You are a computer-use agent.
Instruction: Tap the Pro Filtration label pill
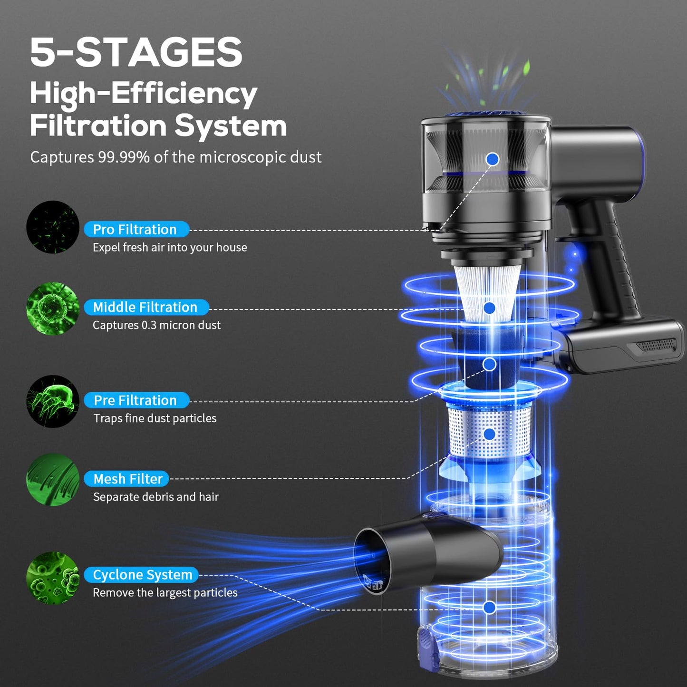click(x=136, y=230)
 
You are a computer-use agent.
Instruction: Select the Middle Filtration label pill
click(x=146, y=307)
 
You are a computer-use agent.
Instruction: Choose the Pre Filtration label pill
click(x=136, y=400)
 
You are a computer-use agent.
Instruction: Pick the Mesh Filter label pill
click(x=127, y=479)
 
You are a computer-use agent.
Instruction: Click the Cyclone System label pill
click(x=141, y=575)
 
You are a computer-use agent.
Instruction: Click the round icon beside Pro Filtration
click(x=53, y=227)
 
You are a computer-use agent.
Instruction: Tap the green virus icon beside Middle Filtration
click(x=53, y=309)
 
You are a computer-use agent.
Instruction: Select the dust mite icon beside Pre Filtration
click(x=53, y=401)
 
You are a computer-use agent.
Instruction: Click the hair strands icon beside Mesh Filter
click(x=53, y=480)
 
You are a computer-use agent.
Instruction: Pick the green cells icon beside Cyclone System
click(x=53, y=578)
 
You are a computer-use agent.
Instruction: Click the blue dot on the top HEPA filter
click(x=493, y=159)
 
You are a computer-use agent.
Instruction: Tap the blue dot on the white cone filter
click(x=489, y=308)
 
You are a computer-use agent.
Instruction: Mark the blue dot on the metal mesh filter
click(x=489, y=434)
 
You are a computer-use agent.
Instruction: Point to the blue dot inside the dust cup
click(x=489, y=607)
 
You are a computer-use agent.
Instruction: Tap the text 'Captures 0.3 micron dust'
click(x=156, y=325)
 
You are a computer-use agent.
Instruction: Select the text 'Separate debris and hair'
click(x=155, y=497)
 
